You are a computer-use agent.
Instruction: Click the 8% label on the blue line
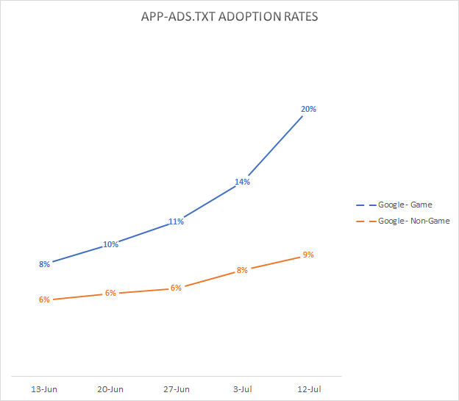coord(45,263)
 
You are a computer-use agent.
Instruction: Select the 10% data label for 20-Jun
coord(110,244)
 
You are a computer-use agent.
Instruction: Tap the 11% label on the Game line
coord(176,221)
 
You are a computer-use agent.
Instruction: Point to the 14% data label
coord(242,181)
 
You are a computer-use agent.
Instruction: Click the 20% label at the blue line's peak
coord(308,109)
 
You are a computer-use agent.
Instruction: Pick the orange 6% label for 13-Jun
coord(45,299)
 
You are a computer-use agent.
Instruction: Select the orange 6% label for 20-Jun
coord(110,293)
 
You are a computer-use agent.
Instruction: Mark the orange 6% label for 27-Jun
coord(176,288)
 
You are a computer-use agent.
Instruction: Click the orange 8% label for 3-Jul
coord(242,271)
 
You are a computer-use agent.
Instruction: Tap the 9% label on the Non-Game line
coord(308,255)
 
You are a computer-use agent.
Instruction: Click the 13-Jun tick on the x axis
coord(45,388)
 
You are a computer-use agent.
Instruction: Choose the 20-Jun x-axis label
coord(110,388)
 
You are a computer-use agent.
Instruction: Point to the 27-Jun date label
coord(176,388)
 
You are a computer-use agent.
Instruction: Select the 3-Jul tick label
coord(242,388)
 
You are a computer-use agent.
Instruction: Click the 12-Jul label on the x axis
coord(308,388)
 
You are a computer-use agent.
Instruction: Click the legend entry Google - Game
coord(404,205)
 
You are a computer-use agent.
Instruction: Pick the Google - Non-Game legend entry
coord(413,221)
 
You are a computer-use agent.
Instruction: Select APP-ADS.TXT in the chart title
coord(174,16)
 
